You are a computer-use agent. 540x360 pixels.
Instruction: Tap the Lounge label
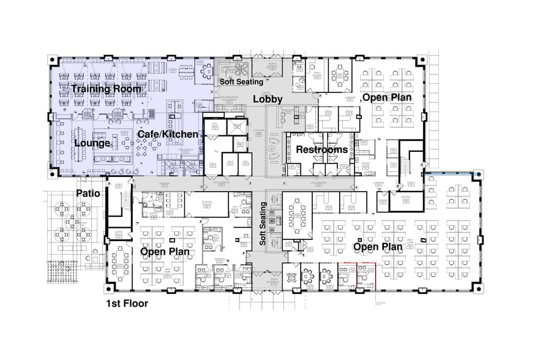coord(92,143)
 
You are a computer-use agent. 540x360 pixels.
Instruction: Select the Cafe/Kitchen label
coord(167,134)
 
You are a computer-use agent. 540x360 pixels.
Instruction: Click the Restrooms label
coord(322,149)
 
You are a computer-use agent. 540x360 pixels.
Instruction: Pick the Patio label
coord(88,193)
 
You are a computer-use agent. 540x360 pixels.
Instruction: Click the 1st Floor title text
coord(127,303)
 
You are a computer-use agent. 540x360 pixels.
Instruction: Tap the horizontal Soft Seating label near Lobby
coord(241,81)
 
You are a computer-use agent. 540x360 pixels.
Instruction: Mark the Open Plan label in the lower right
coord(378,247)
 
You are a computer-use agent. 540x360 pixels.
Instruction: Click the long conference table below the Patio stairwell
coord(121,263)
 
